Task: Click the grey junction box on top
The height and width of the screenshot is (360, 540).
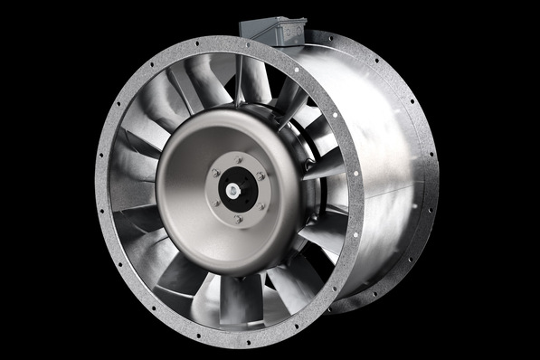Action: coord(279,32)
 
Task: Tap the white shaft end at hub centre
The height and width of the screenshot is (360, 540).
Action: coord(233,190)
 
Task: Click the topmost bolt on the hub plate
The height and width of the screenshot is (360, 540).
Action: coord(238,160)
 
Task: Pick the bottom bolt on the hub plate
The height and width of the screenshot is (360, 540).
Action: coord(238,219)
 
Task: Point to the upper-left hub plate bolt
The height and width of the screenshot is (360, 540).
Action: coord(215,173)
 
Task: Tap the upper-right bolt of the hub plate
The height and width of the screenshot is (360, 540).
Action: coord(261,176)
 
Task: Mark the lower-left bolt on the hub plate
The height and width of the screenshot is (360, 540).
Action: coord(216,203)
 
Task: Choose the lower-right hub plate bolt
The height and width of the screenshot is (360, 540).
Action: coord(261,206)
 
